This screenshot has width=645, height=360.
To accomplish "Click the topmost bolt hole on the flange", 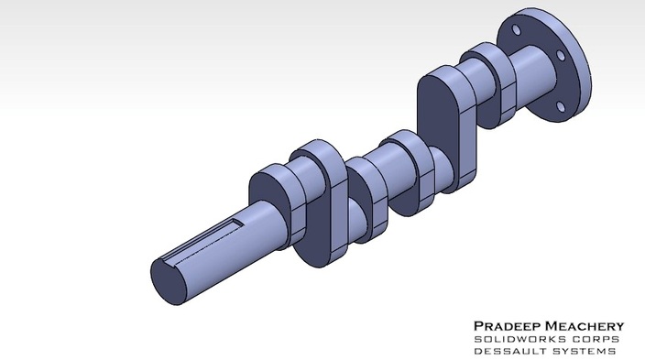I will tap(519, 31).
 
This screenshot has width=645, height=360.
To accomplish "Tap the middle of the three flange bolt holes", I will tap(559, 57).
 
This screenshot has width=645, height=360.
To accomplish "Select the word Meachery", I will tap(581, 326).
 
